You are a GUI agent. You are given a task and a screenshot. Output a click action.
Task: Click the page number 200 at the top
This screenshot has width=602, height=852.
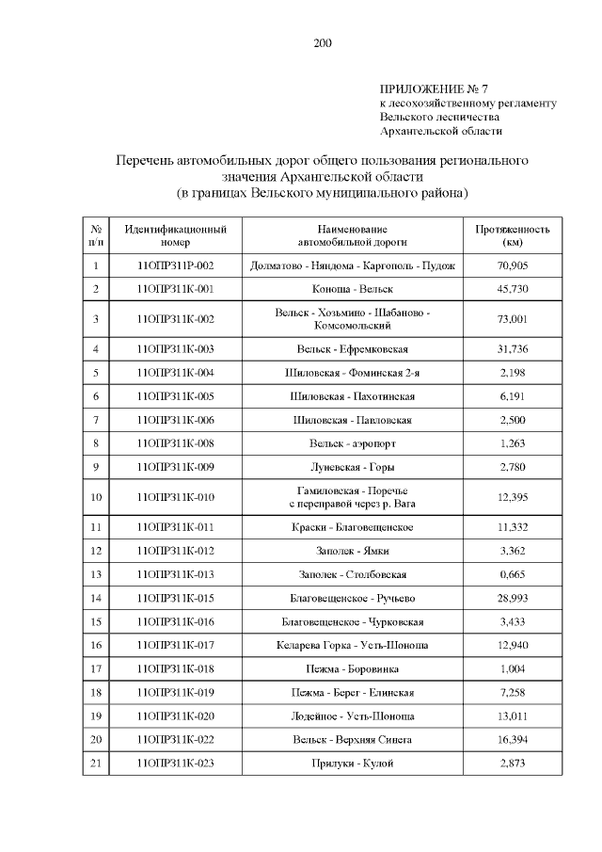pos(323,42)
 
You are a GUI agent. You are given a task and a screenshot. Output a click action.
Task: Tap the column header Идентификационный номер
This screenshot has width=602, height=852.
pos(175,235)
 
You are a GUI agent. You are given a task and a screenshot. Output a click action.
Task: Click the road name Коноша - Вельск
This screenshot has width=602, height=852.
pos(353,289)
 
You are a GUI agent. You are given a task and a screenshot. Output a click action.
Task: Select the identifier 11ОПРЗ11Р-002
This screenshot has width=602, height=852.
pos(175,265)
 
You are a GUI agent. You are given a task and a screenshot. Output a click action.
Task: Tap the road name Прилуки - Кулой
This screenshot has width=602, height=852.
pos(353,763)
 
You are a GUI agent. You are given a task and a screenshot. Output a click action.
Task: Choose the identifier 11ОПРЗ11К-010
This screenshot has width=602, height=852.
pos(175,496)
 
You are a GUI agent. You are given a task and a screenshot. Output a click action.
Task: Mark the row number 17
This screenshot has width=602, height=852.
pos(96,668)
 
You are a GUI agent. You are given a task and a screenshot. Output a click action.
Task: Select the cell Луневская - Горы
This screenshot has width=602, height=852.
pos(353,466)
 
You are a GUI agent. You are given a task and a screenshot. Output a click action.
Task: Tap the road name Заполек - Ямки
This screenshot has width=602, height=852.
pos(353,551)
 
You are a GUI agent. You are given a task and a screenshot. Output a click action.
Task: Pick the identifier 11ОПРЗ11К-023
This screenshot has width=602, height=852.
pos(175,763)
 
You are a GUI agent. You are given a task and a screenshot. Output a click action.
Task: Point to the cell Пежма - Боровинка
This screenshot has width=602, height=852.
pos(353,668)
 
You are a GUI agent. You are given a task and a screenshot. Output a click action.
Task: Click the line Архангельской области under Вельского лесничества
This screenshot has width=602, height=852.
pos(441,132)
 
